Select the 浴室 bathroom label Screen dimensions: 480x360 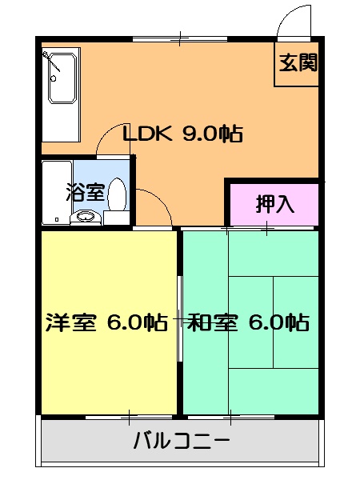83,192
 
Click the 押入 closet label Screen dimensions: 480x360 274,203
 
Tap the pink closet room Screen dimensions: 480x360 274,205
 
